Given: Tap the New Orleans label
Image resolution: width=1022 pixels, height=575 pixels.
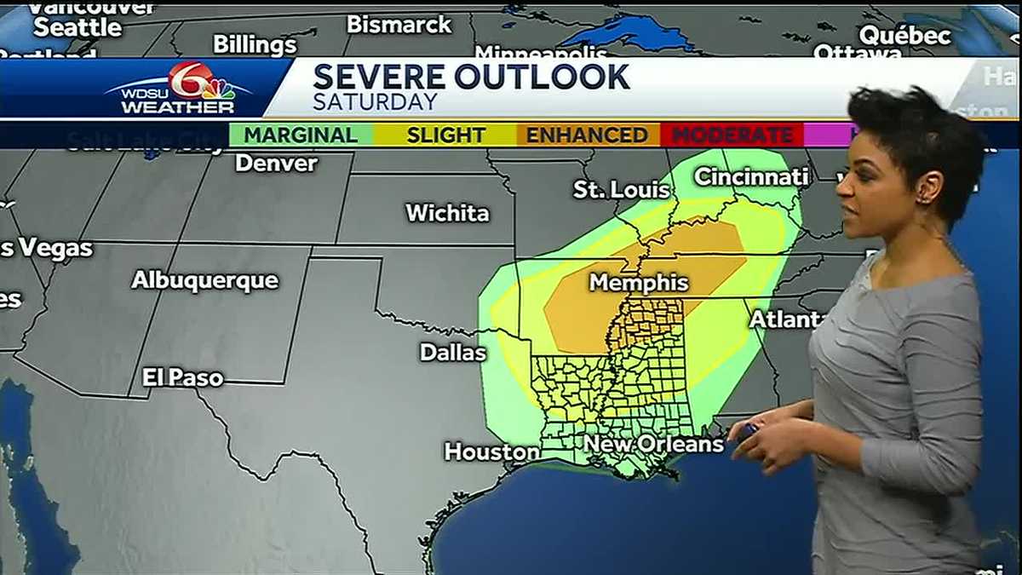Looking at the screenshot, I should pos(653,444).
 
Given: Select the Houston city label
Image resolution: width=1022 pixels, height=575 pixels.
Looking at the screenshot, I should pos(491,451).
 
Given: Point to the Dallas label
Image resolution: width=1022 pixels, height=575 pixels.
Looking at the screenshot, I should pos(452,352).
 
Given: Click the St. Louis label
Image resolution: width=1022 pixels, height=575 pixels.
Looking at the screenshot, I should pos(622,189).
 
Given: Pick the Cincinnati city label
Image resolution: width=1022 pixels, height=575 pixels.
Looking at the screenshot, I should pos(750,176).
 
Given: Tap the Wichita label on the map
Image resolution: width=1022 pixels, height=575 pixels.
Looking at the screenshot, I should pos(447,213).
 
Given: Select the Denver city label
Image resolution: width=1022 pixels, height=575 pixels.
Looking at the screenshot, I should pos(276,163).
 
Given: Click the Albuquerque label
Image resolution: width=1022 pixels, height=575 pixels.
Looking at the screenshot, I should pos(204,280).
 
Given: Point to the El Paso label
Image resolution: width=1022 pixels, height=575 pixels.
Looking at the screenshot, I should pos(182,377).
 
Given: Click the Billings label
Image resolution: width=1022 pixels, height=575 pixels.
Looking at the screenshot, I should pos(255,44).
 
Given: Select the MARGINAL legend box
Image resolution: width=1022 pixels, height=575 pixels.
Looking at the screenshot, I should pos(301,135).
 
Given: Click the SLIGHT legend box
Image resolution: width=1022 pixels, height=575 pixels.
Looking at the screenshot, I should pos(445,135).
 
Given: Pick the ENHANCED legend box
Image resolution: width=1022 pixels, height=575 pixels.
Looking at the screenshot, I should pos(587,135).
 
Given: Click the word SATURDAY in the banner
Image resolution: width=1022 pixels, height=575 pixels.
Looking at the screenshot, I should pos(375,102).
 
